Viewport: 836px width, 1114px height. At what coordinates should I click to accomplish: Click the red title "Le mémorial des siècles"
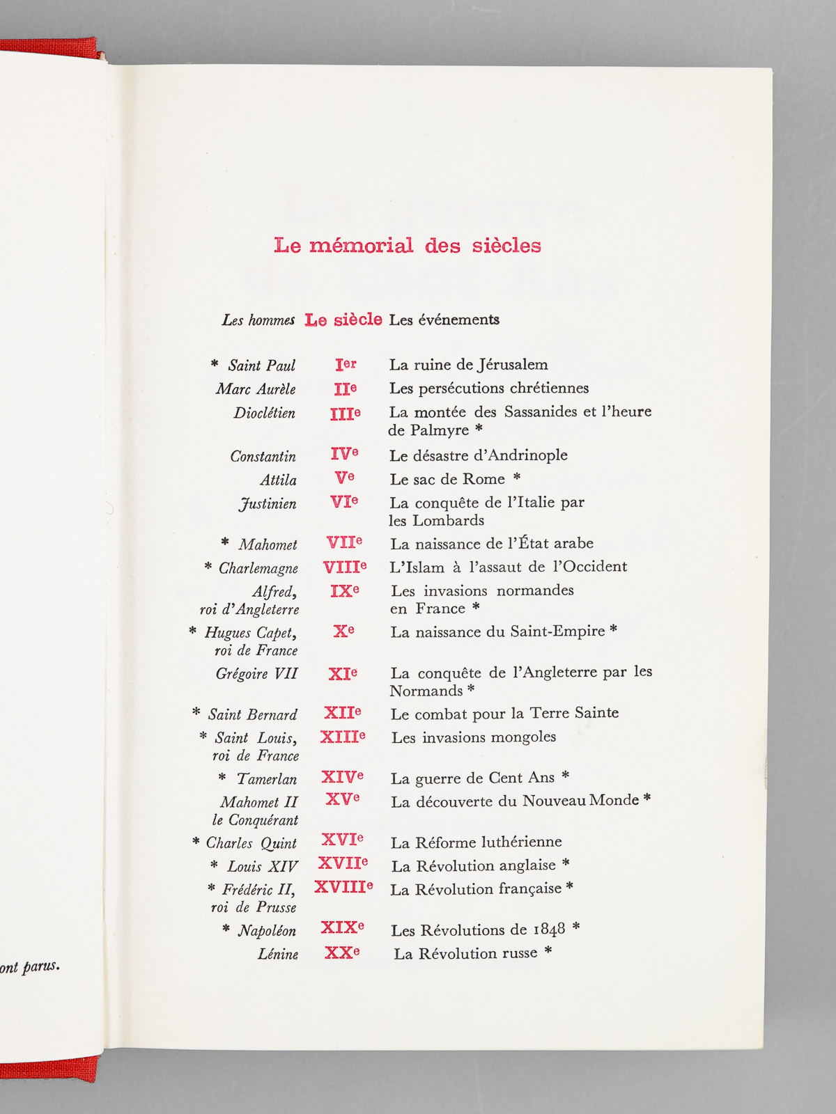(408, 245)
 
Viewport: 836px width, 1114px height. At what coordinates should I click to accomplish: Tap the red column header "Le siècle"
(343, 320)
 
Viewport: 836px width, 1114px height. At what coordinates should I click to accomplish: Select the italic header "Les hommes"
(258, 320)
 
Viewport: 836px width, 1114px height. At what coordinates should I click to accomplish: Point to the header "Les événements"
(444, 320)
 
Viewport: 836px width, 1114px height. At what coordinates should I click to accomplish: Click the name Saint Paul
(261, 366)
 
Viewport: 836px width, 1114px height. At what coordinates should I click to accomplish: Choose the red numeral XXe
(342, 952)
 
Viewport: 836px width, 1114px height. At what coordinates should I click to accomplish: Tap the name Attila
(278, 480)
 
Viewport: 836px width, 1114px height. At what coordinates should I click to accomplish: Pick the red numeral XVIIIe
(343, 887)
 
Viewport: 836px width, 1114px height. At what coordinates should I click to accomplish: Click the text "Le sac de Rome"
(447, 479)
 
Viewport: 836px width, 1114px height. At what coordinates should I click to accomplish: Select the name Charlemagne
(258, 568)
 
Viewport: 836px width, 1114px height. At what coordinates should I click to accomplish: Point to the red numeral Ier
(346, 364)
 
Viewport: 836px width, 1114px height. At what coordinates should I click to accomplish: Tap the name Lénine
(278, 954)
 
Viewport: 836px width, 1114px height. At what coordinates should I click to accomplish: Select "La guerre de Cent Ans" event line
(473, 778)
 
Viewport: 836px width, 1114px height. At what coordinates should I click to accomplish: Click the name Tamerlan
(267, 779)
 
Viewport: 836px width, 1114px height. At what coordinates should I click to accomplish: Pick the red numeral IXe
(344, 590)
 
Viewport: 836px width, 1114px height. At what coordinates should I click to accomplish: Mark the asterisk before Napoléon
(226, 929)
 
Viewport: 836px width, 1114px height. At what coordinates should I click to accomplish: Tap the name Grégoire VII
(256, 673)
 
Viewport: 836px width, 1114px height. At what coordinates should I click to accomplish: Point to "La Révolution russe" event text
(465, 953)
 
